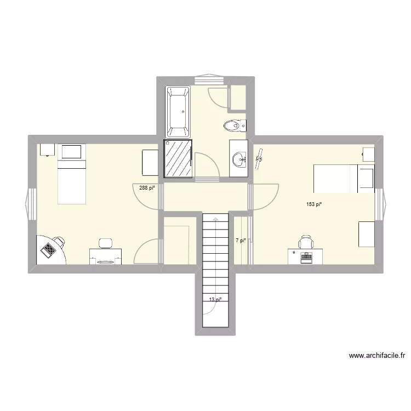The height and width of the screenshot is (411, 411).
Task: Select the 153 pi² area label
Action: [313, 204]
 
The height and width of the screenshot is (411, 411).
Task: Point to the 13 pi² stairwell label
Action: [215, 300]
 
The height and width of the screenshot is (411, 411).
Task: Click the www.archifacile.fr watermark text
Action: [377, 356]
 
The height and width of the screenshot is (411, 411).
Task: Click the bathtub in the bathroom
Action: [178, 112]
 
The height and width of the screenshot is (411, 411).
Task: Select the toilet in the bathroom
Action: [234, 126]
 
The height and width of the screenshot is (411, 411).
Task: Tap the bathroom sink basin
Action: [239, 159]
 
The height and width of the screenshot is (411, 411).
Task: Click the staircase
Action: [215, 263]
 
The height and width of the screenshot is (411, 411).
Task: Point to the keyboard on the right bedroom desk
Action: [305, 256]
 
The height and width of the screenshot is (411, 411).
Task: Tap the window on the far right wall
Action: [379, 203]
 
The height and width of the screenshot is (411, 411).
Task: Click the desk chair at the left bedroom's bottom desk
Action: [105, 242]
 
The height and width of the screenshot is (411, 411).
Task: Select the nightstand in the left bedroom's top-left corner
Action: [46, 150]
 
